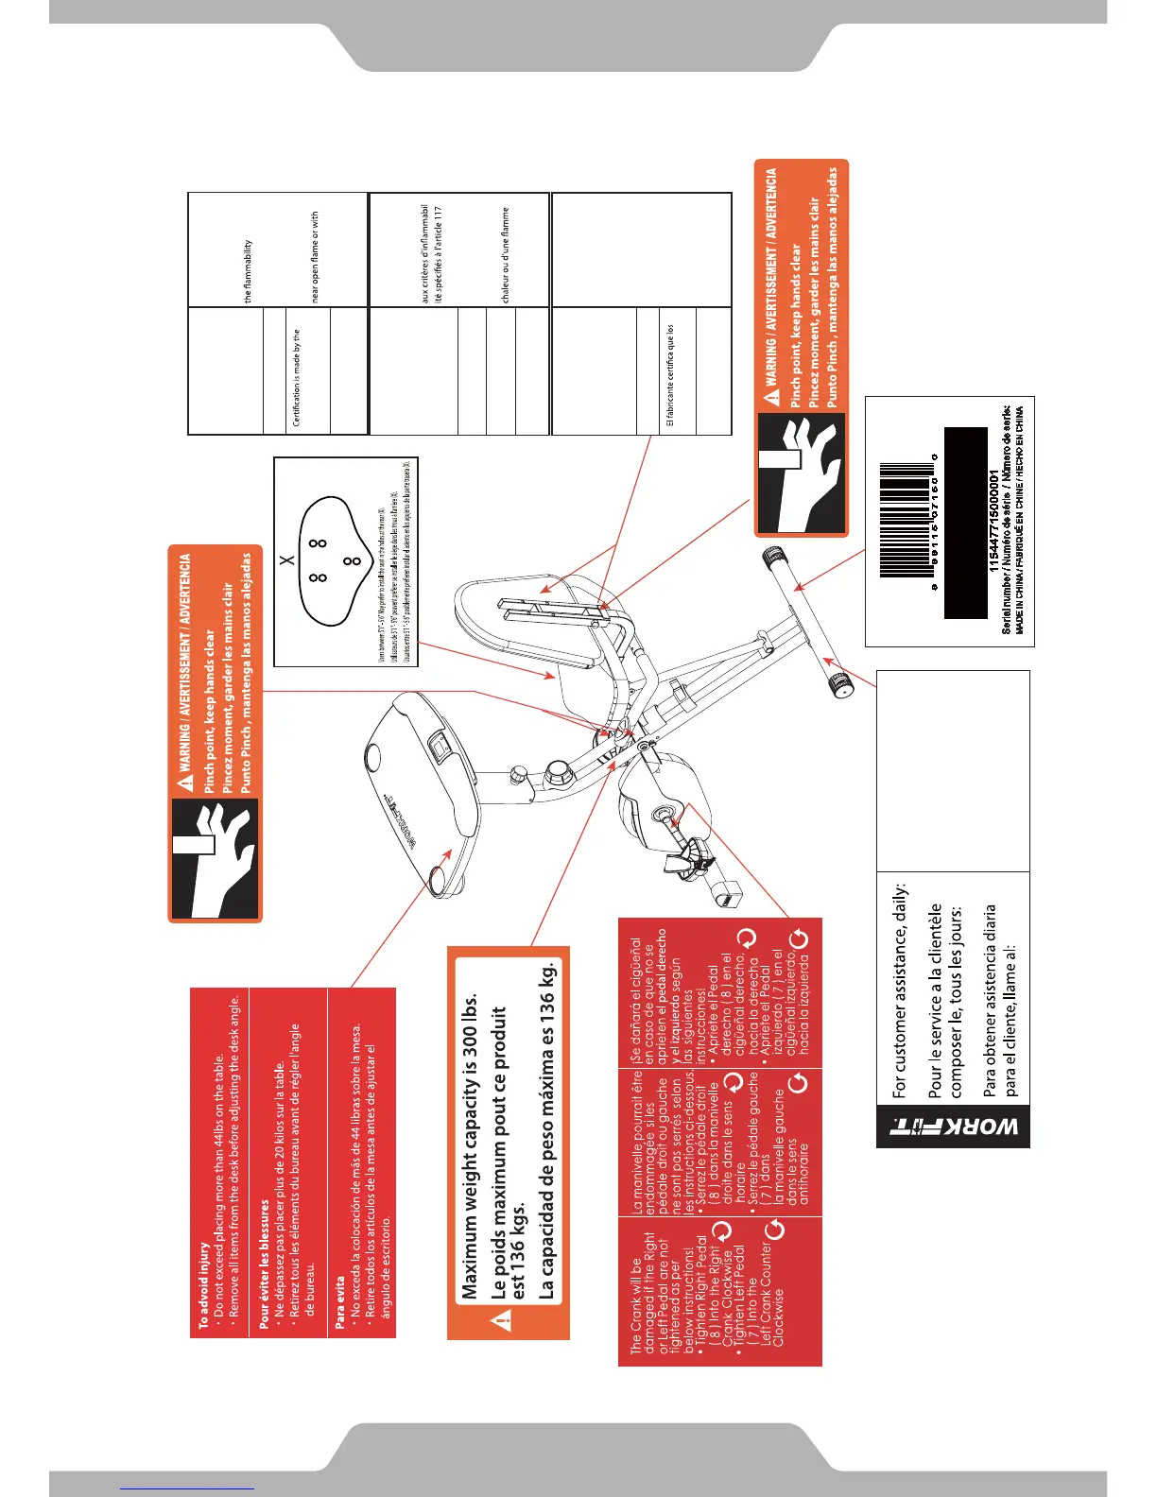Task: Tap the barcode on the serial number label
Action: coord(906,520)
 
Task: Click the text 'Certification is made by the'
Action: coord(297,378)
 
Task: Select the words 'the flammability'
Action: coord(248,271)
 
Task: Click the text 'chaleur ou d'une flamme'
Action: coord(506,255)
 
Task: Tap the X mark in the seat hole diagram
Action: coord(289,560)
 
